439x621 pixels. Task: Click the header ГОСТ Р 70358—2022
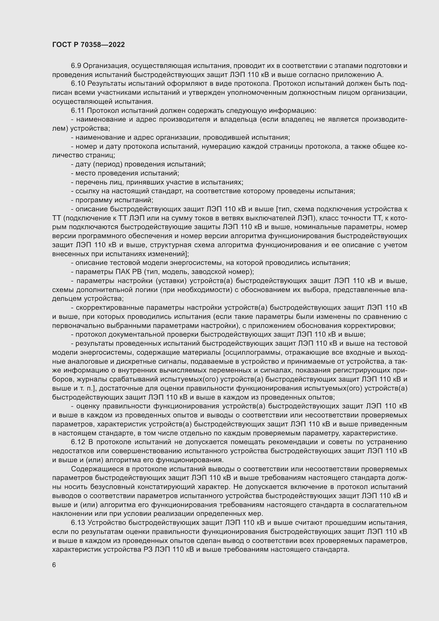coord(88,45)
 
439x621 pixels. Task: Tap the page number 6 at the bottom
coord(54,565)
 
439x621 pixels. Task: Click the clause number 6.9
coord(76,66)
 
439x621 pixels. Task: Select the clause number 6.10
coord(78,84)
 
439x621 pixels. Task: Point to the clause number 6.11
coord(78,111)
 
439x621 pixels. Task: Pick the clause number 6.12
coord(78,442)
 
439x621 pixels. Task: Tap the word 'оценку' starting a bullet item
coord(88,406)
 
